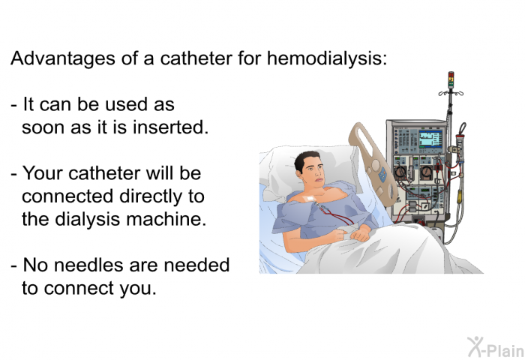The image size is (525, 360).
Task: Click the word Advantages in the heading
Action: [x=63, y=59]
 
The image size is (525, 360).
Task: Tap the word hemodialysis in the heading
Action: [x=327, y=58]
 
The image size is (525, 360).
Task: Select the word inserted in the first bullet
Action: [x=171, y=127]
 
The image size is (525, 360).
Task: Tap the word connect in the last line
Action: [x=79, y=289]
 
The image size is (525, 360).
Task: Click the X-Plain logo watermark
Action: [x=496, y=347]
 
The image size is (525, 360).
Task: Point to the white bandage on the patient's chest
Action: [x=310, y=199]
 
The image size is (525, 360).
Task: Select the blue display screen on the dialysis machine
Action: [x=430, y=138]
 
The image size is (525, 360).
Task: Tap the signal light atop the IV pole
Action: [x=451, y=79]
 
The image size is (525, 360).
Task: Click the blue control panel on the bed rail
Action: [x=382, y=174]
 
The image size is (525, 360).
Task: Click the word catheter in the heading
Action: [x=196, y=58]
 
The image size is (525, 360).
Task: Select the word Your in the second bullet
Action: [x=43, y=174]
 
